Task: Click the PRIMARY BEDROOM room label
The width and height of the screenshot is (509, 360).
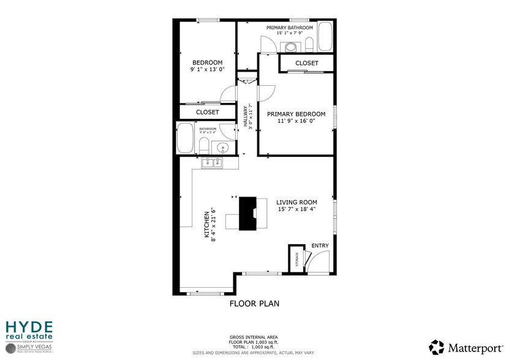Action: (295, 114)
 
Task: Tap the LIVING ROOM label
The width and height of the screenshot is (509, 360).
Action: (296, 203)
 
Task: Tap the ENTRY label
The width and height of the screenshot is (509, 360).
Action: (320, 246)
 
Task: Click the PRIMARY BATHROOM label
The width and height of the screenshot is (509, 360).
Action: (290, 28)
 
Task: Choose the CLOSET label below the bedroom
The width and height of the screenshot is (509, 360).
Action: (207, 113)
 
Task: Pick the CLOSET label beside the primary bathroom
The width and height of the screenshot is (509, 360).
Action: (306, 64)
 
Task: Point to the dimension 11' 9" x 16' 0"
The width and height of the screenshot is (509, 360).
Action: (295, 121)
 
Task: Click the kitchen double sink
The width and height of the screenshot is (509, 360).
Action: (213, 162)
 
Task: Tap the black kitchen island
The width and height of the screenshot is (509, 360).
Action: (248, 213)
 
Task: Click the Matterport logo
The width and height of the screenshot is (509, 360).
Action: (466, 347)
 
